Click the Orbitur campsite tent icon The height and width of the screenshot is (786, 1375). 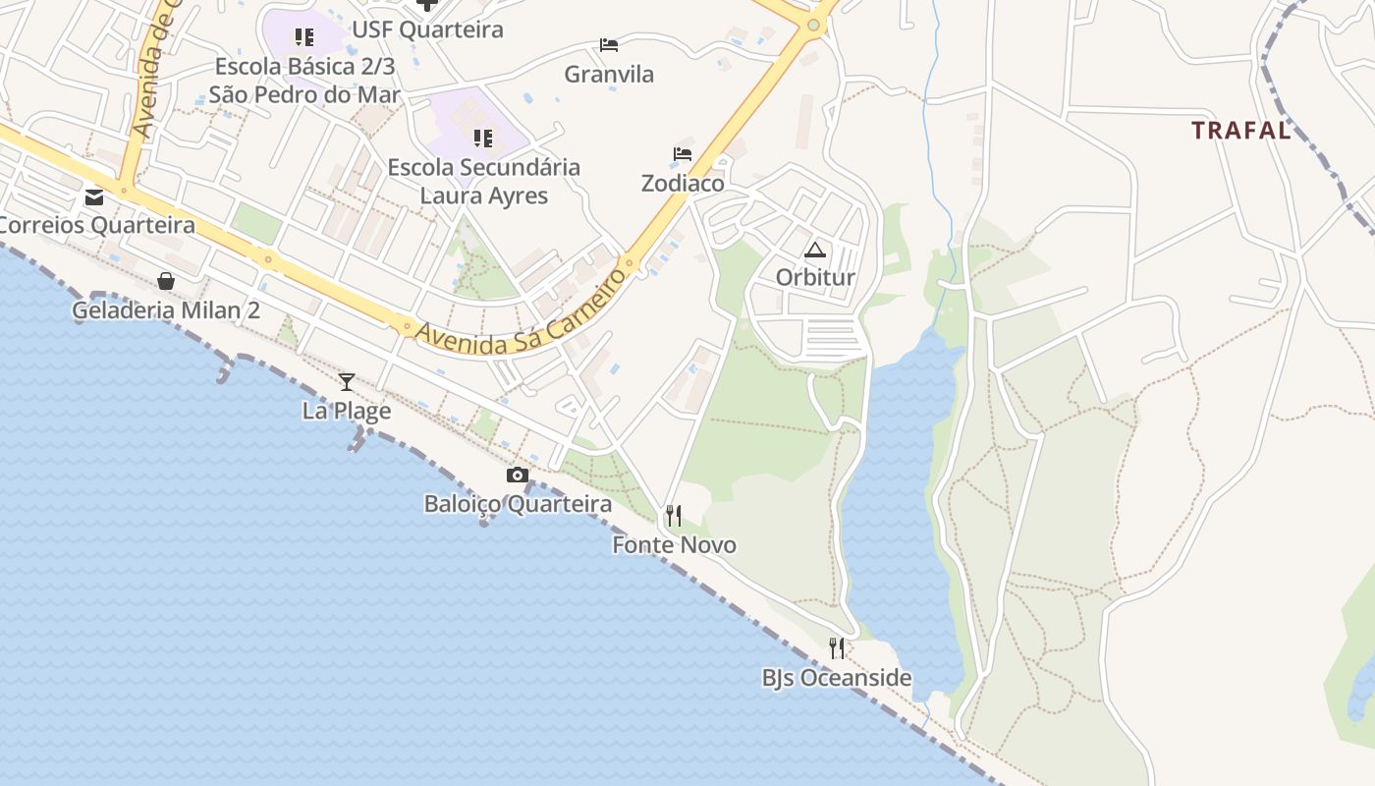pyautogui.click(x=815, y=250)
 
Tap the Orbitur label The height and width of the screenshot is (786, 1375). pyautogui.click(x=815, y=277)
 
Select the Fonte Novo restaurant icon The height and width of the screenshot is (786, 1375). pyautogui.click(x=674, y=515)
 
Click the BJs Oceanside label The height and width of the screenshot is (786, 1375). pyautogui.click(x=837, y=678)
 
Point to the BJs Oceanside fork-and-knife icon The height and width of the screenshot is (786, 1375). pyautogui.click(x=837, y=648)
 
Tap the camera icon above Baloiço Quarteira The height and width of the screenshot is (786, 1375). pyautogui.click(x=518, y=476)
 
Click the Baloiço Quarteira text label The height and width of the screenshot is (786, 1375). pyautogui.click(x=518, y=504)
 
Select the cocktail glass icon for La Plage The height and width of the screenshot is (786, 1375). pyautogui.click(x=347, y=381)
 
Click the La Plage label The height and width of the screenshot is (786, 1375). pyautogui.click(x=347, y=411)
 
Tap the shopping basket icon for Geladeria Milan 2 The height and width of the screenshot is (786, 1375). pyautogui.click(x=166, y=281)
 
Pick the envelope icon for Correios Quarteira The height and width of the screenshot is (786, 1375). pyautogui.click(x=94, y=197)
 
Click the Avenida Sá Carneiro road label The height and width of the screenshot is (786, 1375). pyautogui.click(x=521, y=310)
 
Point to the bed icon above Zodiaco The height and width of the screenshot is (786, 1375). pyautogui.click(x=683, y=154)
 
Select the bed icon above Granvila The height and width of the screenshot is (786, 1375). pyautogui.click(x=609, y=45)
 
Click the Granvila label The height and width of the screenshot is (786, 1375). pyautogui.click(x=609, y=74)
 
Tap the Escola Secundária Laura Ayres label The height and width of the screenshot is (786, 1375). pyautogui.click(x=484, y=181)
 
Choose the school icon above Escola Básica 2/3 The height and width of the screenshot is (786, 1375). pyautogui.click(x=304, y=37)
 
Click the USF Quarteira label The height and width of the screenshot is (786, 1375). pyautogui.click(x=427, y=29)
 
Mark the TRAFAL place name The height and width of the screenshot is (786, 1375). pyautogui.click(x=1240, y=130)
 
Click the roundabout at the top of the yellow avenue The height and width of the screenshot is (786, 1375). pyautogui.click(x=813, y=25)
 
